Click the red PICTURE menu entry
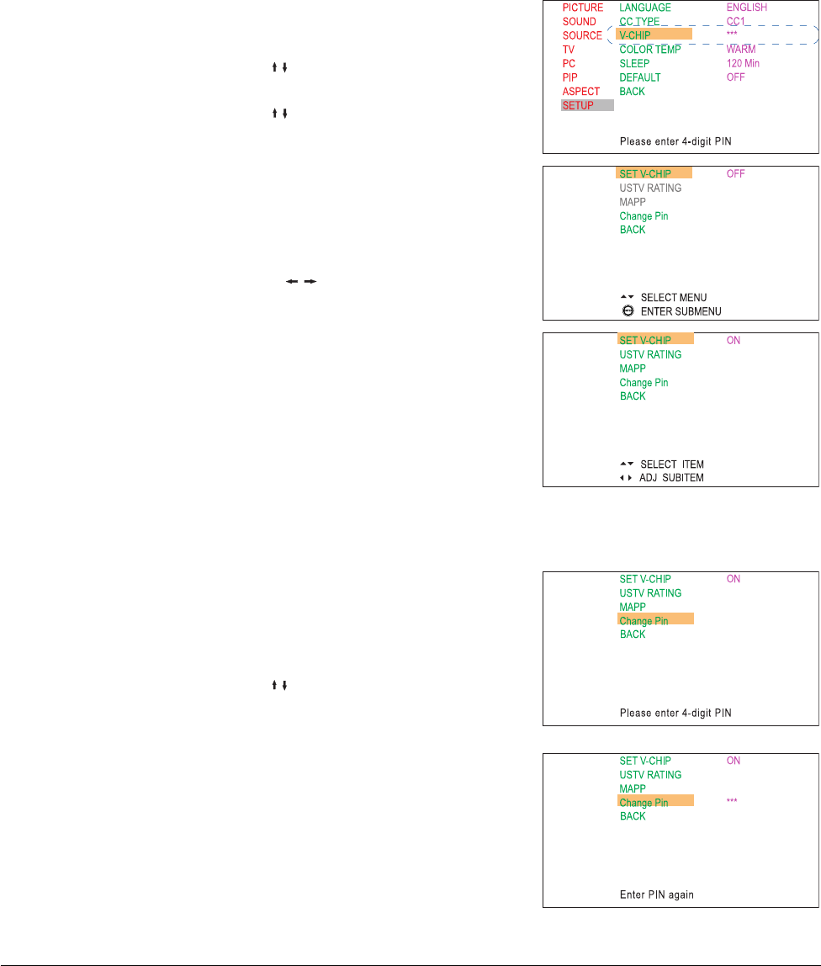click(x=582, y=8)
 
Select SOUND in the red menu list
click(x=579, y=21)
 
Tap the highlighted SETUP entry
click(x=578, y=105)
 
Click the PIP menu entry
click(x=569, y=77)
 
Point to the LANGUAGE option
click(x=645, y=8)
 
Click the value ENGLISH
click(x=747, y=8)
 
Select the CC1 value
click(x=736, y=21)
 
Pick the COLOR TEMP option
click(x=650, y=50)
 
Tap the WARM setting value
click(x=740, y=50)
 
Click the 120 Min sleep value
click(x=744, y=63)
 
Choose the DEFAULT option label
click(x=640, y=77)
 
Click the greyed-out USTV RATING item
click(x=650, y=188)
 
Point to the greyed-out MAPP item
click(x=633, y=202)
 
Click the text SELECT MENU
click(x=674, y=298)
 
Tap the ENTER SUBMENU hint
click(x=681, y=311)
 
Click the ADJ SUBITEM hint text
click(x=672, y=478)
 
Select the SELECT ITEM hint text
click(x=672, y=464)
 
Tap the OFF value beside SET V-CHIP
click(x=735, y=174)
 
